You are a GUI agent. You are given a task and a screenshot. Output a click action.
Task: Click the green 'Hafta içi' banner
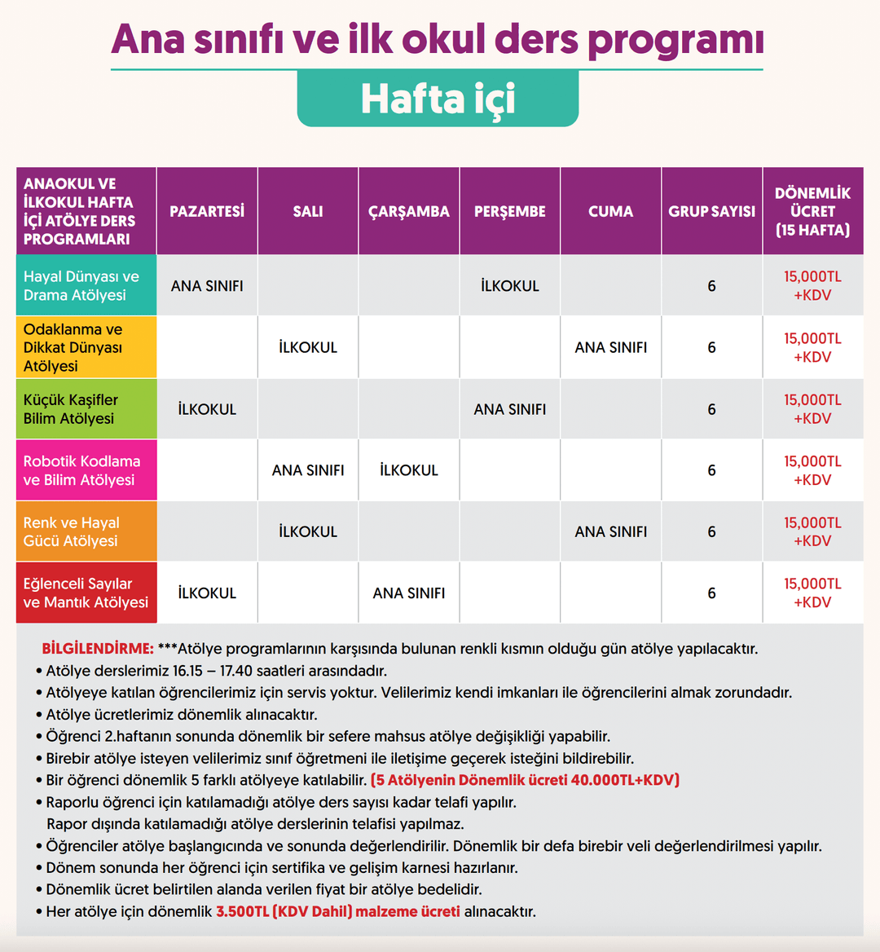tap(438, 99)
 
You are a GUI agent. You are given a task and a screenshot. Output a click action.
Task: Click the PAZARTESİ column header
tap(207, 211)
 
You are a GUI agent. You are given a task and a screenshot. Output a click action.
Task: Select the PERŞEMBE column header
tap(510, 211)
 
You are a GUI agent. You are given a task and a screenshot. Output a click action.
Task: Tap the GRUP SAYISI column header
tap(711, 211)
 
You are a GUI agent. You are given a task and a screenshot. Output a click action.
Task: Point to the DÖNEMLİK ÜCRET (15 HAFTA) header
tap(812, 211)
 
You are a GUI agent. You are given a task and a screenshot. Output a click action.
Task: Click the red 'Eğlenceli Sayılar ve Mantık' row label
tap(86, 593)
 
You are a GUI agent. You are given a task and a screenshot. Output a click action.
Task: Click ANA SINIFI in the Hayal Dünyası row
tap(207, 286)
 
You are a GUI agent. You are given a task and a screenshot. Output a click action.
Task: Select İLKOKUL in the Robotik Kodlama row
tap(409, 470)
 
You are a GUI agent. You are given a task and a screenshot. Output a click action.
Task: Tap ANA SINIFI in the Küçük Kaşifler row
tap(510, 409)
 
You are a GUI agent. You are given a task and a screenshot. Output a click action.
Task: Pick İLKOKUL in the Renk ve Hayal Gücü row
tap(308, 531)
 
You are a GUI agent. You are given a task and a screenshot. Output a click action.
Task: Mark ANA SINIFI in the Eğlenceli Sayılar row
tap(409, 593)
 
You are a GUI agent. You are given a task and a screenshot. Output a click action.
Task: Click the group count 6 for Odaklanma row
tap(711, 348)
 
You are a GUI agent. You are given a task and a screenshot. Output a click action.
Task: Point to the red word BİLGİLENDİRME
tap(98, 649)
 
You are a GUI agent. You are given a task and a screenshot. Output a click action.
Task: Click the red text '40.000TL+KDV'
tap(625, 780)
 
